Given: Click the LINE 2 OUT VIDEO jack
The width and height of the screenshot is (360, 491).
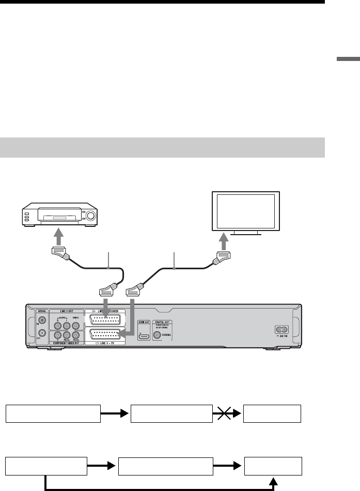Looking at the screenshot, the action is click(x=76, y=326).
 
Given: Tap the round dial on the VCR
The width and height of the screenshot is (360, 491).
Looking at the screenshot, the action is click(x=91, y=216).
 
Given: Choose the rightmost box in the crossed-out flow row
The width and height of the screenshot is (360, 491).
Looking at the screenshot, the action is click(x=272, y=413).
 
